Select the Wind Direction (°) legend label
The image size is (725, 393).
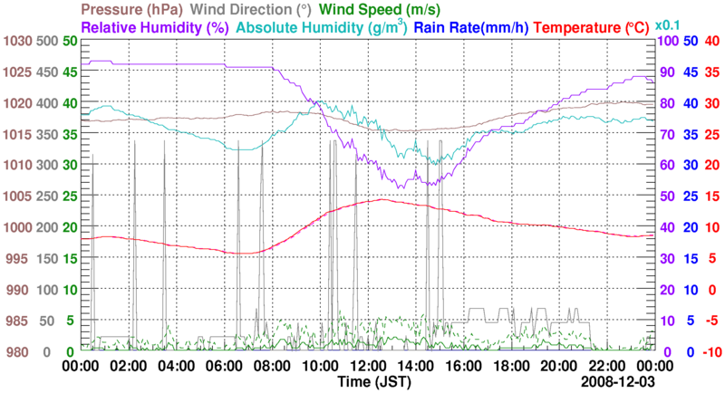coord(255,11)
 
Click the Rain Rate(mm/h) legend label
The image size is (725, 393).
coord(471,27)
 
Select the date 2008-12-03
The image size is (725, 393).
coord(622,382)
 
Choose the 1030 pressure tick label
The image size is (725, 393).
coord(16,42)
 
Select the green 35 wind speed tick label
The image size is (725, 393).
coord(70,135)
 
